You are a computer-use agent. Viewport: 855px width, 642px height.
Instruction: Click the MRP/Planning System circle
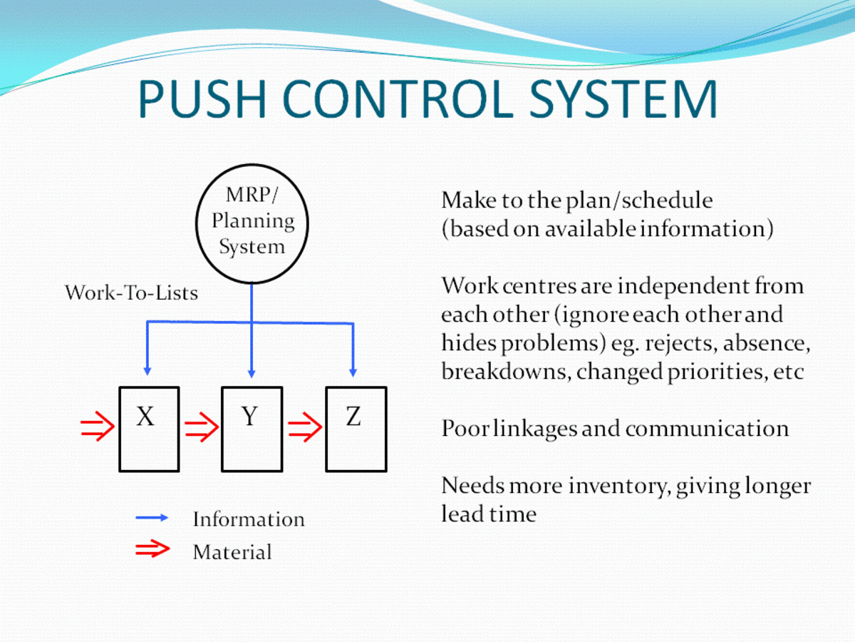tap(252, 221)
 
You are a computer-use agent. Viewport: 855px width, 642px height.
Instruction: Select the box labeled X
tap(149, 429)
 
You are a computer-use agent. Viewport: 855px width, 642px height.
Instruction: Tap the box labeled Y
tap(252, 429)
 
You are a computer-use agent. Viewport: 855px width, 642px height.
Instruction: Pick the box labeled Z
tap(356, 429)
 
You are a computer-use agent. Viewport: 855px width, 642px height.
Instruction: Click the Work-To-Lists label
tap(131, 292)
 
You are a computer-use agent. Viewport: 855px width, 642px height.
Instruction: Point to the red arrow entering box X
tap(97, 428)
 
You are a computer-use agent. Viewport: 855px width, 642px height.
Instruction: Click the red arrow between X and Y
tap(200, 428)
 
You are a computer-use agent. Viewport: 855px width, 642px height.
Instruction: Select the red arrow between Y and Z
tap(304, 428)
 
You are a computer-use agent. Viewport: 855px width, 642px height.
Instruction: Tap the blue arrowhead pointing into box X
tap(147, 371)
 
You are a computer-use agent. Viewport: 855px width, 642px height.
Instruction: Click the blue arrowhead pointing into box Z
tap(353, 371)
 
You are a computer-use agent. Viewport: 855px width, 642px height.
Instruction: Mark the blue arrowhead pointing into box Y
tap(252, 372)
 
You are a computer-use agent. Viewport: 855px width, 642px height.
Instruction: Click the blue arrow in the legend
tap(152, 518)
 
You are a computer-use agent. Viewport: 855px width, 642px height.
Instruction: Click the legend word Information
tap(248, 519)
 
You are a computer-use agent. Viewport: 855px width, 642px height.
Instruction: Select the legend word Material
tap(232, 552)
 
